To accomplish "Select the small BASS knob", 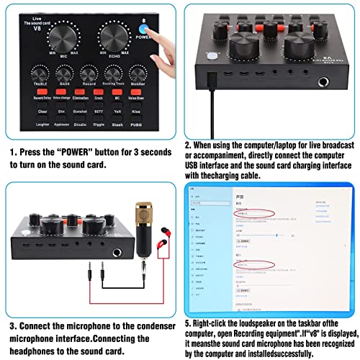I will coord(64,73).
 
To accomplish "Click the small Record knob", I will coord(89,73).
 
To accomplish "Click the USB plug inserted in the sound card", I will coord(210,79).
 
